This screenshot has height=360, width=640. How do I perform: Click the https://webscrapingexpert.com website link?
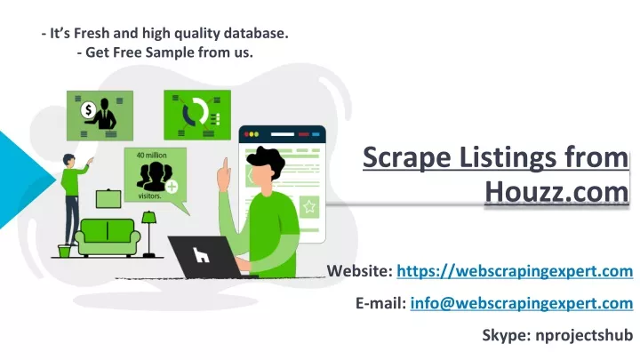[x=515, y=271]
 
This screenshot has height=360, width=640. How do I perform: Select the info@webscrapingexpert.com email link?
[x=522, y=303]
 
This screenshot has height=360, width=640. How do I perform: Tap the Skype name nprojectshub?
[x=584, y=335]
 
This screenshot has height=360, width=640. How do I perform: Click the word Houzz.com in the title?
[x=556, y=191]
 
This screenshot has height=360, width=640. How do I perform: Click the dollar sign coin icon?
[x=88, y=110]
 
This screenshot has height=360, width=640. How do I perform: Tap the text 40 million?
[x=151, y=155]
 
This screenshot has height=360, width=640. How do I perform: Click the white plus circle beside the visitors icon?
[x=172, y=187]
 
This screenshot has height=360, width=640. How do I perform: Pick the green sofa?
[x=108, y=237]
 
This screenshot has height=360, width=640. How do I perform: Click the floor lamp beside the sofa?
[x=149, y=234]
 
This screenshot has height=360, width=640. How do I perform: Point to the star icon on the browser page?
[x=309, y=206]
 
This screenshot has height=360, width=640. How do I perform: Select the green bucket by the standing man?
[x=64, y=251]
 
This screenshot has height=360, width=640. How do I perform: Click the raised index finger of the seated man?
[x=225, y=166]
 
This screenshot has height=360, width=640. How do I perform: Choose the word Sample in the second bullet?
[x=170, y=52]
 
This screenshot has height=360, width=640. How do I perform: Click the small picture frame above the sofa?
[x=108, y=199]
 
